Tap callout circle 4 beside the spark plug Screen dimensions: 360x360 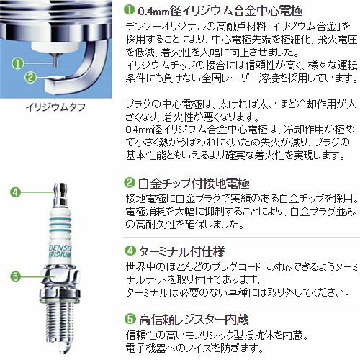(14, 191)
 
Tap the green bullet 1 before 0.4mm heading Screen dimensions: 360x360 (131, 10)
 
